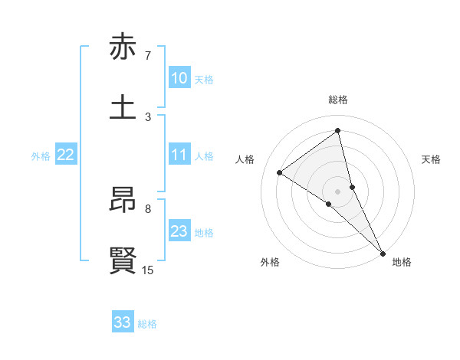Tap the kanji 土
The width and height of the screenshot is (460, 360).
(x=123, y=106)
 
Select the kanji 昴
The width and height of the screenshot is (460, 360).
(x=123, y=201)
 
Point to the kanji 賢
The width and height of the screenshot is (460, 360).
(x=123, y=260)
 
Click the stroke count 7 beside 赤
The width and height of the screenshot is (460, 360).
(x=148, y=56)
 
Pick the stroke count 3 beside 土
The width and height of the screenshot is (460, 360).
(x=148, y=116)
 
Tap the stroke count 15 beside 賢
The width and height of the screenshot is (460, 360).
(x=148, y=270)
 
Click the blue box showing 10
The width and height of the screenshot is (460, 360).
(x=179, y=78)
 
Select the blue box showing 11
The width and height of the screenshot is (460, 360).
(x=179, y=155)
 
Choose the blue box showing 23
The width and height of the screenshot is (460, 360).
(x=179, y=231)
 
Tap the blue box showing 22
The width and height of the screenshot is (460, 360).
(x=65, y=155)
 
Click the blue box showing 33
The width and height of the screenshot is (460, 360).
(x=123, y=322)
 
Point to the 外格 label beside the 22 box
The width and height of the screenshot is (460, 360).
(x=41, y=156)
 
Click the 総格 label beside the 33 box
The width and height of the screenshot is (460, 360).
(x=147, y=324)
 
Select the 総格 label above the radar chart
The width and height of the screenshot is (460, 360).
(x=338, y=100)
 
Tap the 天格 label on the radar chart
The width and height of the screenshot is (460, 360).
(x=432, y=159)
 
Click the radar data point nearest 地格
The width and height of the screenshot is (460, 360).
(x=383, y=252)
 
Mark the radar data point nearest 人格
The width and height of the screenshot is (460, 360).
(x=280, y=172)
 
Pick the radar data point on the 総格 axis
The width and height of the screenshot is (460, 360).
(x=338, y=131)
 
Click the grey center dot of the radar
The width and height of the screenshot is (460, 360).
(x=338, y=191)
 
